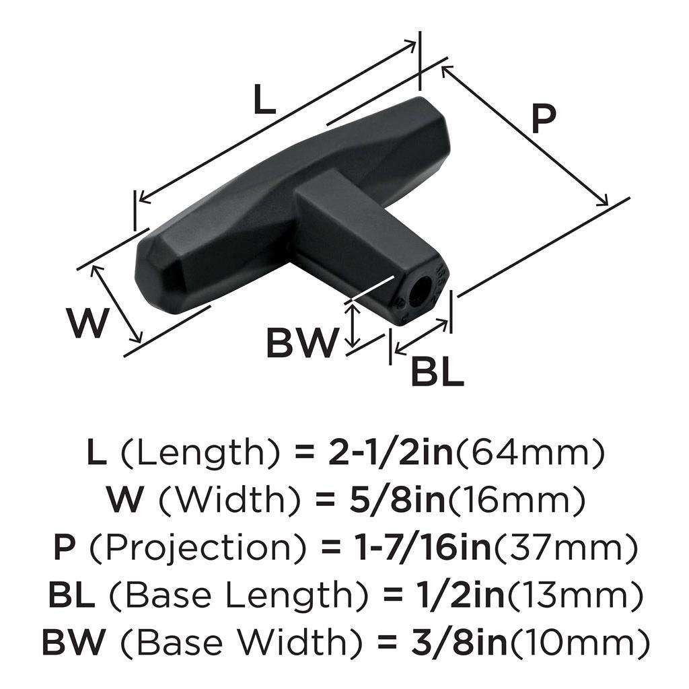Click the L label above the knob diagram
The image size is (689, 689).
(x=264, y=100)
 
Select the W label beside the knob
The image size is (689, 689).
(x=88, y=323)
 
